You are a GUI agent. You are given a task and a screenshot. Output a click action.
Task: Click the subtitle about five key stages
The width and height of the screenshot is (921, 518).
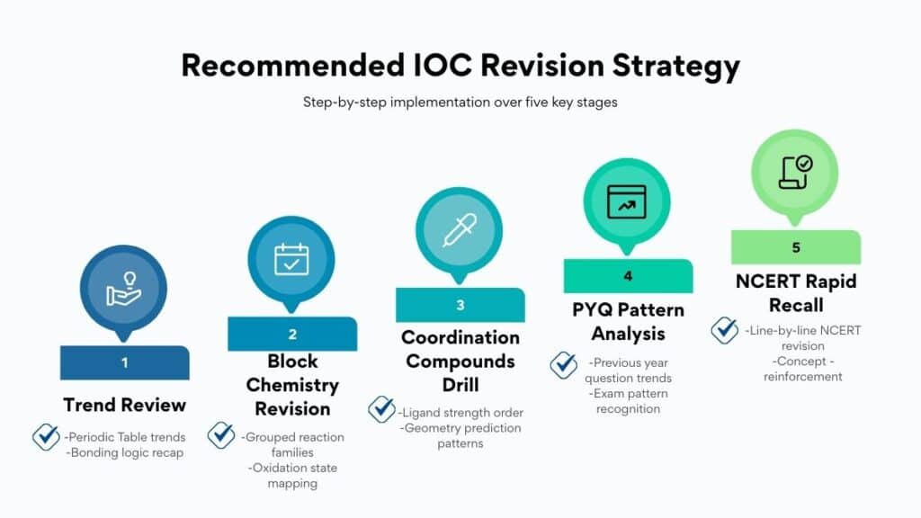point(460,103)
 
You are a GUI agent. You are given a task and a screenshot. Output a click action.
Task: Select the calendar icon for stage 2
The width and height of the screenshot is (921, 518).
point(292,258)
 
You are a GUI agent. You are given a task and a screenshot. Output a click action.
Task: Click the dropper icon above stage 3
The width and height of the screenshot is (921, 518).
point(460,230)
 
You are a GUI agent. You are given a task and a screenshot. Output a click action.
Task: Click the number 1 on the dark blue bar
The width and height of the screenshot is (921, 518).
point(124,362)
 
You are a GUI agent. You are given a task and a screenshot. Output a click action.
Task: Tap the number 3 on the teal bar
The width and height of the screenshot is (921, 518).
point(460,305)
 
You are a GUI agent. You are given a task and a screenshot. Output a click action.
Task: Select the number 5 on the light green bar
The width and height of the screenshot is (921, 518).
point(795,247)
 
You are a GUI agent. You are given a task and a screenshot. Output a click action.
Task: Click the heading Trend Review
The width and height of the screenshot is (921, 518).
point(124,404)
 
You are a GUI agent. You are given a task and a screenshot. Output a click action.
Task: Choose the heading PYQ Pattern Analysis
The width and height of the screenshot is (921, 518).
point(628,322)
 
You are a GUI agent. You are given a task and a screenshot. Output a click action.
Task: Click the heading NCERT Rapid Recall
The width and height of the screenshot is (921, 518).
point(795,292)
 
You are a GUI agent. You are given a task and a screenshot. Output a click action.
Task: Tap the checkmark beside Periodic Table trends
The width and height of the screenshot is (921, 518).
point(46,437)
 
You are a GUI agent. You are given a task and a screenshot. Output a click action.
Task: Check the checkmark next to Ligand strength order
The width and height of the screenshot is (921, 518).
point(381,410)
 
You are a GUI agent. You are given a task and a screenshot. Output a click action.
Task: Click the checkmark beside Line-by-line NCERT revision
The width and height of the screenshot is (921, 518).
point(724,330)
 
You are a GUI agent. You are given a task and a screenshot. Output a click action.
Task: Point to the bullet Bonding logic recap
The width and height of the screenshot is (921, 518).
point(125,452)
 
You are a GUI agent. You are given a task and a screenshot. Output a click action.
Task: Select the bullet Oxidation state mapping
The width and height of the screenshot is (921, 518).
point(292,476)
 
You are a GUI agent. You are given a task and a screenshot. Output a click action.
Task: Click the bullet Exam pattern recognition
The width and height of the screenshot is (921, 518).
point(628,401)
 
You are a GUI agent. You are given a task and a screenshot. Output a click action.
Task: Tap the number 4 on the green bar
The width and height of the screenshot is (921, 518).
point(628,276)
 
